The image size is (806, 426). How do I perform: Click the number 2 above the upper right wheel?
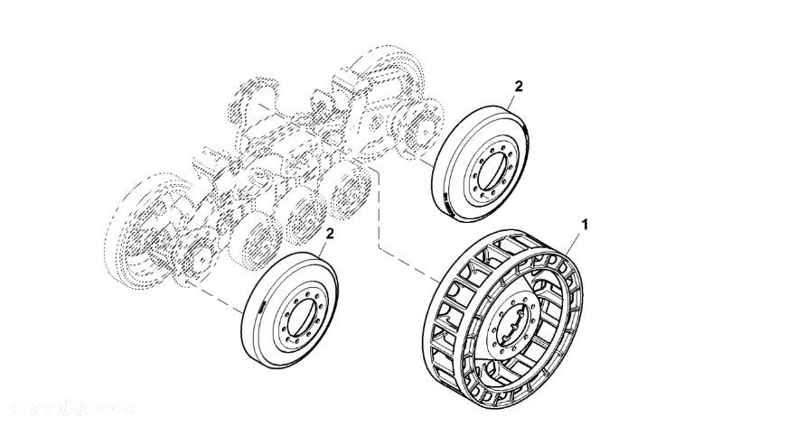click(518, 87)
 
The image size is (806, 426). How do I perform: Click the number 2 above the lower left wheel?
click(330, 234)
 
